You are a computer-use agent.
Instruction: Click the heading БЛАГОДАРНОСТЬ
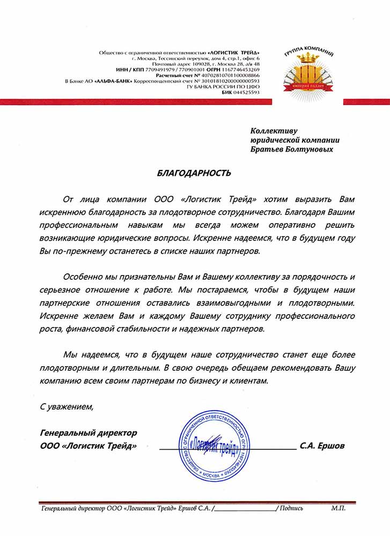(195, 173)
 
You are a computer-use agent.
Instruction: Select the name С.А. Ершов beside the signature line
(323, 445)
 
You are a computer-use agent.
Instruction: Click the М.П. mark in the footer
(339, 508)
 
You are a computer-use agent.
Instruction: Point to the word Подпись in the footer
(291, 508)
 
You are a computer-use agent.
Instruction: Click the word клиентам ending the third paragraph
(245, 379)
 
